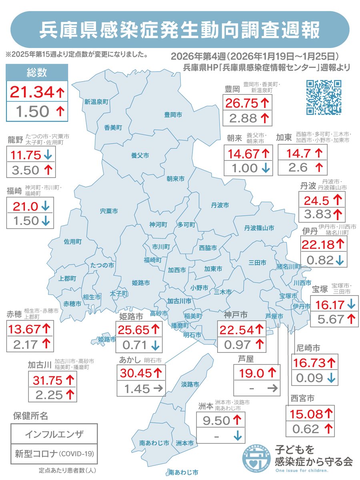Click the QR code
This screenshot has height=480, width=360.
(x=324, y=97)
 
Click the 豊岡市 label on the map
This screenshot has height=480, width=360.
(x=173, y=115)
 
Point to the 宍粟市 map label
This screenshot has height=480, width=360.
(x=109, y=210)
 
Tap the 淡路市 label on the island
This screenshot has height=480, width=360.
(x=190, y=385)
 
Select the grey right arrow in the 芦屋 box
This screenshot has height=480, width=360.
(x=272, y=388)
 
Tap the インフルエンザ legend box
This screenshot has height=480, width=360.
(x=54, y=434)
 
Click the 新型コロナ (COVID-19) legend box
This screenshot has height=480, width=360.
(x=54, y=454)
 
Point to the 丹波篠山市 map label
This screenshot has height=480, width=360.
(x=259, y=228)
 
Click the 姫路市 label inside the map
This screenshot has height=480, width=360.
(x=141, y=282)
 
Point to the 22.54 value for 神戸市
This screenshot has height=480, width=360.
(x=236, y=330)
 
